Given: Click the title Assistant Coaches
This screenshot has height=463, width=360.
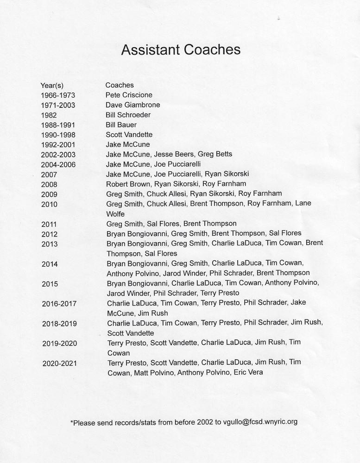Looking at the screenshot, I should (181, 50).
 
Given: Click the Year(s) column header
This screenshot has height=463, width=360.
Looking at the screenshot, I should (52, 85).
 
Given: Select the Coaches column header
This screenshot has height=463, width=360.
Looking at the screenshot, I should (120, 85).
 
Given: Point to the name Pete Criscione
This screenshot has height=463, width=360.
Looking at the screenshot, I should (129, 95).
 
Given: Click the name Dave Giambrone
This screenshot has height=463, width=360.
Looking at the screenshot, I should (133, 105).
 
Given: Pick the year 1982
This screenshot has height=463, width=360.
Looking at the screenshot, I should (49, 115).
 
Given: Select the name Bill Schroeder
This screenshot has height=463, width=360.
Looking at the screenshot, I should (128, 115).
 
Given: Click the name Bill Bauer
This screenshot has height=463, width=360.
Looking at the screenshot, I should (121, 125).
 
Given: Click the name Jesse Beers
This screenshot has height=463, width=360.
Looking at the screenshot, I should (174, 154).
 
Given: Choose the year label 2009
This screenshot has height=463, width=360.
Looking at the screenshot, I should (49, 194).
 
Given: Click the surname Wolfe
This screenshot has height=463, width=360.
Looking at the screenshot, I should (116, 213).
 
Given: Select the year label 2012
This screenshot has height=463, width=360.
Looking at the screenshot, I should (49, 234).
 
